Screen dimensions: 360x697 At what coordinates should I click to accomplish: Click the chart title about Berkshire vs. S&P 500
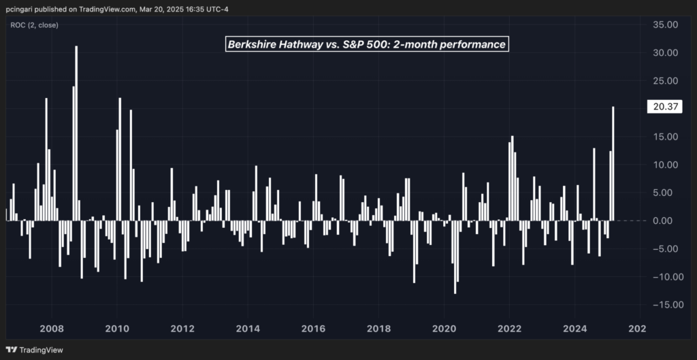366,45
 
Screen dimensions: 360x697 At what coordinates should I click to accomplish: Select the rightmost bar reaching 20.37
613,163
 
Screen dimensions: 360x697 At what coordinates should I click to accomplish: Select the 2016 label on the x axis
313,329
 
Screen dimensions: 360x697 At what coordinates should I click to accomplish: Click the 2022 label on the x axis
510,329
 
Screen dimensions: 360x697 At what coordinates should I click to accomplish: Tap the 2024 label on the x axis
575,329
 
